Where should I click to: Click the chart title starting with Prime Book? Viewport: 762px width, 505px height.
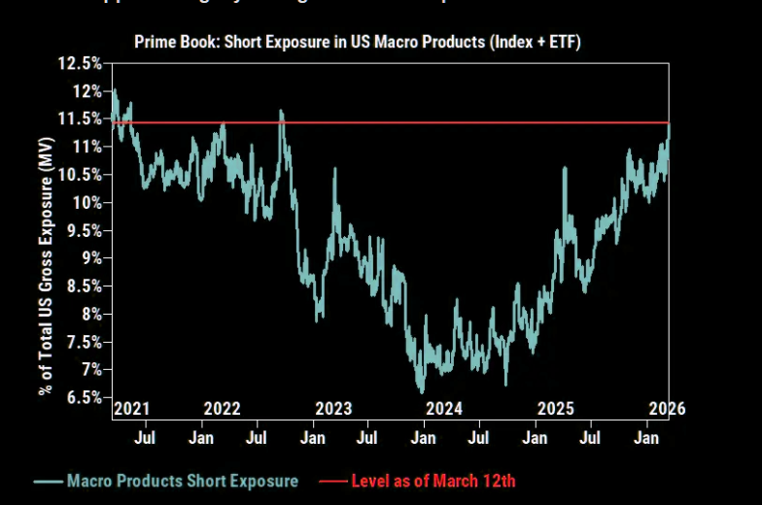pyautogui.click(x=358, y=42)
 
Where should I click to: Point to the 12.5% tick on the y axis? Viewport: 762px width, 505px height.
pyautogui.click(x=81, y=63)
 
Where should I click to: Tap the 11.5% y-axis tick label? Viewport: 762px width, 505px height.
pyautogui.click(x=81, y=118)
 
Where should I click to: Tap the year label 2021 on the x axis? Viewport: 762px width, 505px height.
pyautogui.click(x=131, y=409)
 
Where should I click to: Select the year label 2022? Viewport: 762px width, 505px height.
pyautogui.click(x=222, y=409)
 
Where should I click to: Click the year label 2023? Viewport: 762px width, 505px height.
pyautogui.click(x=333, y=409)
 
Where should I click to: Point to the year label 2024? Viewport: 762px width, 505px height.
pyautogui.click(x=444, y=409)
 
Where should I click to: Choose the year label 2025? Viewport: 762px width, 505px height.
pyautogui.click(x=556, y=409)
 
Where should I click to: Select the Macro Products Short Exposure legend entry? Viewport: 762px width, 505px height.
pyautogui.click(x=182, y=481)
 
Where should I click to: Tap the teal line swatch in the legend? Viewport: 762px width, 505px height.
pyautogui.click(x=48, y=481)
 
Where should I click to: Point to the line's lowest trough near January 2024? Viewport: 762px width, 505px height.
pyautogui.click(x=421, y=392)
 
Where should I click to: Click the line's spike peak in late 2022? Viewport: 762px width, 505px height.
pyautogui.click(x=281, y=111)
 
